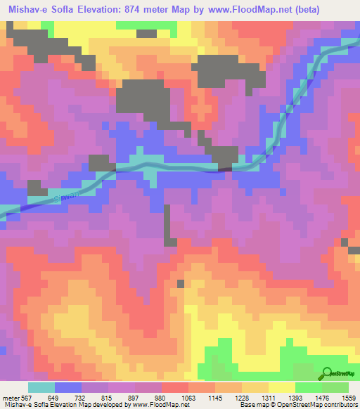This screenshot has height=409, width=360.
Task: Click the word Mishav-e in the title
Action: [28, 10]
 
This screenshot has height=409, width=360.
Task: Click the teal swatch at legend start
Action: [41, 387]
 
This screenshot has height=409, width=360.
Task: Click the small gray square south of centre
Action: [181, 283]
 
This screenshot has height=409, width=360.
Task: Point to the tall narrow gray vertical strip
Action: [167, 225]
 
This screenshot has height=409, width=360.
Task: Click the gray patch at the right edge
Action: [354, 246]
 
